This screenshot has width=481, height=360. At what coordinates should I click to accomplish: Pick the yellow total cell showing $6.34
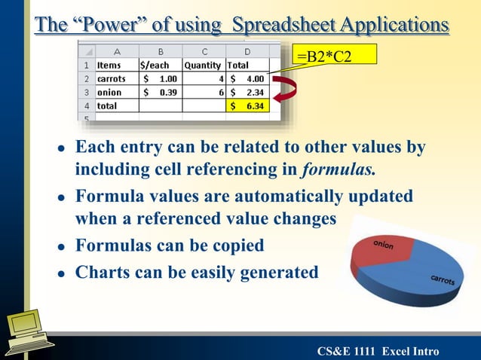coord(247,106)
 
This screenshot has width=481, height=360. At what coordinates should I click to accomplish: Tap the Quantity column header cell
coord(204,66)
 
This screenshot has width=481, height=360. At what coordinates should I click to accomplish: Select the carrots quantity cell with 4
coord(204,79)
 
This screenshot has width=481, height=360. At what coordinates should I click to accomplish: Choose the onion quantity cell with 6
coord(204,93)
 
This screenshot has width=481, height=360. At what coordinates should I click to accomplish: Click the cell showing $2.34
coord(247,93)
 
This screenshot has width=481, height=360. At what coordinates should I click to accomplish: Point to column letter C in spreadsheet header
coord(204,52)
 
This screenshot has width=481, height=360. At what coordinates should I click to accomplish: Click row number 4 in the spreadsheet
coord(86,106)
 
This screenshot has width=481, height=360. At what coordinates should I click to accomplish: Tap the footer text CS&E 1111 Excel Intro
coord(378,349)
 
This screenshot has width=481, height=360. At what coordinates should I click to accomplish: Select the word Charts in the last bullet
coord(100,272)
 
